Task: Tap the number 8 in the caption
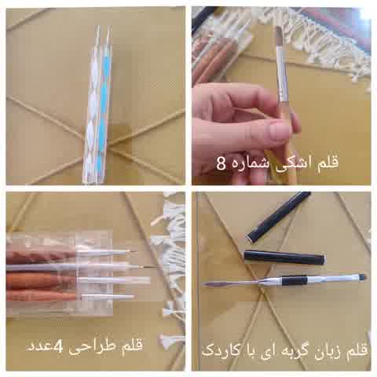click(x=221, y=163)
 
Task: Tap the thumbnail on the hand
click(x=280, y=131)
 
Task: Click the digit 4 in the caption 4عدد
click(x=58, y=346)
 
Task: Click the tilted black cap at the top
click(x=279, y=216)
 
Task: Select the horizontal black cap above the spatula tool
click(x=285, y=258)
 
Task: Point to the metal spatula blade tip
click(x=205, y=284)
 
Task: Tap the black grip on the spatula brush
click(x=295, y=280)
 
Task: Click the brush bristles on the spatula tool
click(x=362, y=276)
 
